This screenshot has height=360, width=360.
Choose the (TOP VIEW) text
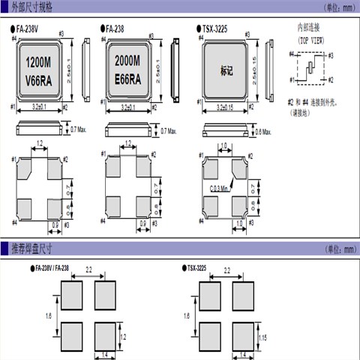coord(311,37)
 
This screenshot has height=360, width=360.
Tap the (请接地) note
coord(304,113)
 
